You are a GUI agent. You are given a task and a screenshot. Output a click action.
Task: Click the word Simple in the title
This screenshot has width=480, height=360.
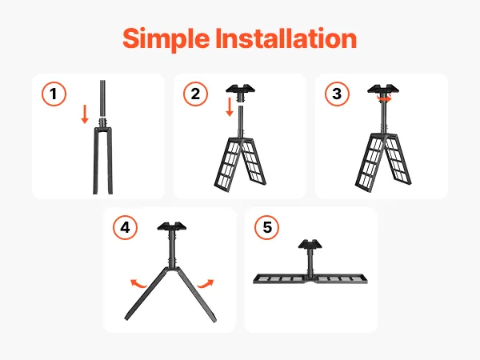(166, 39)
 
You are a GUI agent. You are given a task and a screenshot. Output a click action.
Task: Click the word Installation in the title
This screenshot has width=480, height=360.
(286, 38)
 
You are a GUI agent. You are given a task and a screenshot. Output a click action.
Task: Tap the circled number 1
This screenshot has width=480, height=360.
(54, 94)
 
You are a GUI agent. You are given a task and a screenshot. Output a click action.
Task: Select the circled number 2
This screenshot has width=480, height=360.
(196, 94)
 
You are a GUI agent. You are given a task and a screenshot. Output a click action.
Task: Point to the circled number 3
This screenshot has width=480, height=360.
(337, 94)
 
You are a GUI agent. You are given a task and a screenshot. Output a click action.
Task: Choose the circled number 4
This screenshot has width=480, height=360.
(126, 228)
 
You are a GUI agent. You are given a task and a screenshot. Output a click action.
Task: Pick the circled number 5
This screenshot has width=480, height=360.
(267, 227)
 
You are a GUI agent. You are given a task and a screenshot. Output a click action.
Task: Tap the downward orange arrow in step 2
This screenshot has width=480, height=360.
(230, 107)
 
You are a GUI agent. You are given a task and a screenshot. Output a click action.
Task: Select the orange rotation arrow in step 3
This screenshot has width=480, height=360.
(384, 98)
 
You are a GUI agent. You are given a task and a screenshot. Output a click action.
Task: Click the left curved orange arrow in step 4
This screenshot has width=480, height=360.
(138, 284)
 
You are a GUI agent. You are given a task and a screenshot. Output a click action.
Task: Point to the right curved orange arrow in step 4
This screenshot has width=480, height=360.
(206, 284)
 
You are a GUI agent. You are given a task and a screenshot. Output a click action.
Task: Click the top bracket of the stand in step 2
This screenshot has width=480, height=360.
(240, 89)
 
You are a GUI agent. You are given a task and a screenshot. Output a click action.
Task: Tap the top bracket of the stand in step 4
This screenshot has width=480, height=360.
(172, 226)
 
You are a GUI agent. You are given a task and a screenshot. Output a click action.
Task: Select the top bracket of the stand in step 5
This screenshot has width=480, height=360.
(310, 244)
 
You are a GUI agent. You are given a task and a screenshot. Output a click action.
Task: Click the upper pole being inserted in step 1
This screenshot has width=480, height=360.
(102, 98)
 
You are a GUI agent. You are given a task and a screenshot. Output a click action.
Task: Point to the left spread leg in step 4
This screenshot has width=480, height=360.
(147, 294)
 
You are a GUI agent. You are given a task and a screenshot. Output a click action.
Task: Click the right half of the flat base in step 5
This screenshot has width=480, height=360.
(341, 278)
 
